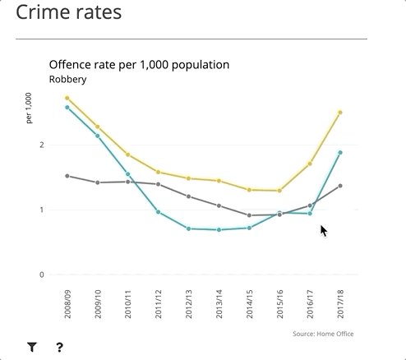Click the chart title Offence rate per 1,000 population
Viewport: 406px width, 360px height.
pos(139,65)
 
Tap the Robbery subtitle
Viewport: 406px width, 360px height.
pos(67,80)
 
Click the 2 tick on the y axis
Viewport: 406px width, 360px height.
pos(42,145)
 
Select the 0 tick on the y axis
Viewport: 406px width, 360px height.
pos(42,275)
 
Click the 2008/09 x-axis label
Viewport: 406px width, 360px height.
pos(67,303)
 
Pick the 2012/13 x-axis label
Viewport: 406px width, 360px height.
pos(189,303)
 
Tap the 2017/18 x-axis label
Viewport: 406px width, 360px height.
pos(340,303)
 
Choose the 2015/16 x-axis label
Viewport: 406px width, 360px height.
pos(279,303)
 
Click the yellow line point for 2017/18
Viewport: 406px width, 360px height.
pos(340,113)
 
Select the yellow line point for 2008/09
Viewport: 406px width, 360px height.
pos(67,99)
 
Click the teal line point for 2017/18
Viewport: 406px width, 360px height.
pos(340,153)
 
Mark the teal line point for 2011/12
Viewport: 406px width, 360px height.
pos(159,212)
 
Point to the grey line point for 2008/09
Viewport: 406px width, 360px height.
pos(67,176)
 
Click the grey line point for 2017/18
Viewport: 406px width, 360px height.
pos(340,186)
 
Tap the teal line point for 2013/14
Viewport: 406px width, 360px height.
pos(219,230)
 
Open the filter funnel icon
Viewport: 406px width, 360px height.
pos(32,348)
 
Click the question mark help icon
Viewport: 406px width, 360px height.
pos(60,348)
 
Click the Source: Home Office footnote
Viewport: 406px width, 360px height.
pos(324,334)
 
